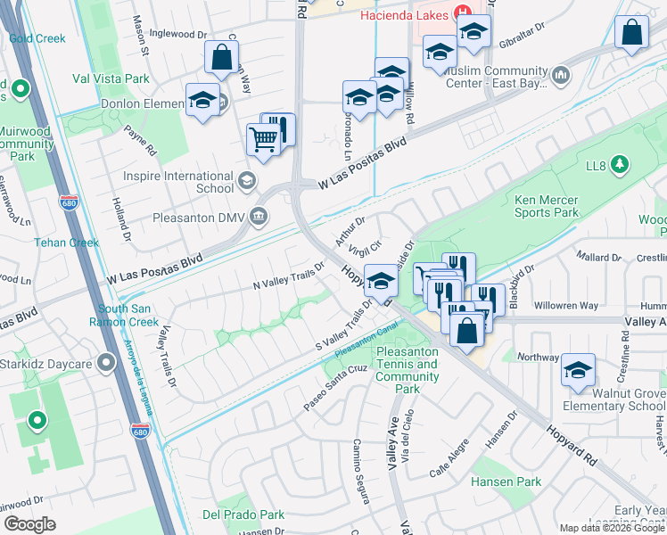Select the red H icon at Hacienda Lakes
tap(463, 13)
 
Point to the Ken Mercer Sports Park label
tap(547, 206)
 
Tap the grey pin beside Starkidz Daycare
tap(107, 363)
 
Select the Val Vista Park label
tap(112, 78)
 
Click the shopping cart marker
tap(263, 140)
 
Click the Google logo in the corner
tap(29, 524)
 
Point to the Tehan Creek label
tap(66, 242)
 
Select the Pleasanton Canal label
tap(366, 343)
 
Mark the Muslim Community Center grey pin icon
tap(560, 73)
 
